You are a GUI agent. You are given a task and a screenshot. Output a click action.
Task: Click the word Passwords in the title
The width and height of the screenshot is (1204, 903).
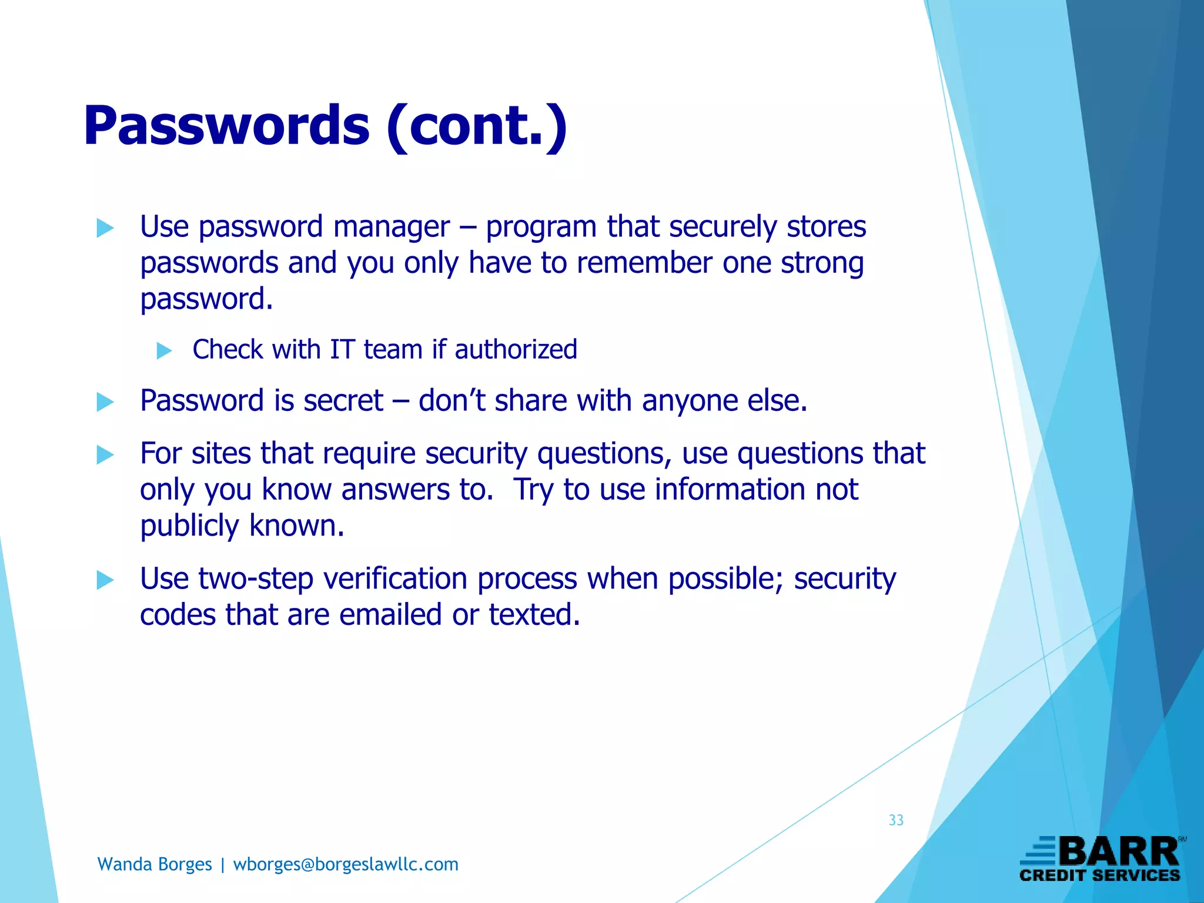pyautogui.click(x=226, y=126)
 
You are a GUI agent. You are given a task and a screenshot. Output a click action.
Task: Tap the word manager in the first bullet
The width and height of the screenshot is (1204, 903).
pyautogui.click(x=392, y=227)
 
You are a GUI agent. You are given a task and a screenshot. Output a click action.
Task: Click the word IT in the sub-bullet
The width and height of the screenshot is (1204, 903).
pyautogui.click(x=342, y=350)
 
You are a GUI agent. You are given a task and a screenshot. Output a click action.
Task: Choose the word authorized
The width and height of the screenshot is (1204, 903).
pyautogui.click(x=516, y=350)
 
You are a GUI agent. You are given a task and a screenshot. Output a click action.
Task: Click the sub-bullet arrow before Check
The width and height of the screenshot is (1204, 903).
pyautogui.click(x=164, y=351)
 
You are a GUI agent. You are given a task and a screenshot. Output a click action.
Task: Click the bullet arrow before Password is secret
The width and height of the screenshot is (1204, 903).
pyautogui.click(x=105, y=402)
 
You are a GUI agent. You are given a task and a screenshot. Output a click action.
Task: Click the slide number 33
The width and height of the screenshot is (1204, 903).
pyautogui.click(x=896, y=820)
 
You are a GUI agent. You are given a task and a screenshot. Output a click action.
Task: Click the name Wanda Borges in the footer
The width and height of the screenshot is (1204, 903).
pyautogui.click(x=155, y=864)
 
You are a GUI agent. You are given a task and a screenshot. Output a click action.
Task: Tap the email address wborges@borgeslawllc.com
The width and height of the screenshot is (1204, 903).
pyautogui.click(x=346, y=864)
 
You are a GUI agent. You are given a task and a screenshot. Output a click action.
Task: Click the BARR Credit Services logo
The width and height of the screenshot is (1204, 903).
pyautogui.click(x=1101, y=859)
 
